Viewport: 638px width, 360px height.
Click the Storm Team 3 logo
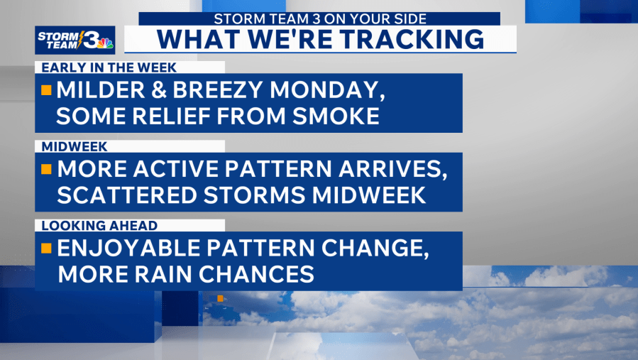coord(75,40)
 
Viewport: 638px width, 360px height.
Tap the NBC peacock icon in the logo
coord(105,43)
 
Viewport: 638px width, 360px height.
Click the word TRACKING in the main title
coord(412,39)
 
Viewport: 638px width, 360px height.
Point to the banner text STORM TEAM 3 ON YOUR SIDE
coord(320,18)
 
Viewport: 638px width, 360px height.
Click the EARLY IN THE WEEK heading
coord(109,67)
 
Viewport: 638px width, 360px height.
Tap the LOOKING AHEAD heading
coord(99,226)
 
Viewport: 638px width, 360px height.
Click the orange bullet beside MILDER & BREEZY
coord(46,90)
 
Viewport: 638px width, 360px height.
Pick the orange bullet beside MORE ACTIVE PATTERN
coord(46,169)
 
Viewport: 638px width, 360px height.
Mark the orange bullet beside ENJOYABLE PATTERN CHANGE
coord(46,248)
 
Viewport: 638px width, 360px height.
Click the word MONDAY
coord(327,90)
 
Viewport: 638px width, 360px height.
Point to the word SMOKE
coord(336,116)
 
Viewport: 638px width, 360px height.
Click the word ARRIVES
coord(393,170)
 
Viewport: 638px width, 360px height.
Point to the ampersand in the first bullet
coord(159,90)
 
